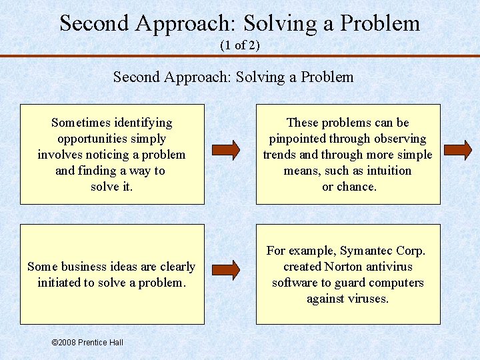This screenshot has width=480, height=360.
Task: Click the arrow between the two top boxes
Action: pos(227,150)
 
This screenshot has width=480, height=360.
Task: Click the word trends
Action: pos(281,155)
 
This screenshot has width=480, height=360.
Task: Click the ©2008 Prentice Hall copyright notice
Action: pos(87,343)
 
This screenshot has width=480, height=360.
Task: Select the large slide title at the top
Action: pos(240,23)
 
